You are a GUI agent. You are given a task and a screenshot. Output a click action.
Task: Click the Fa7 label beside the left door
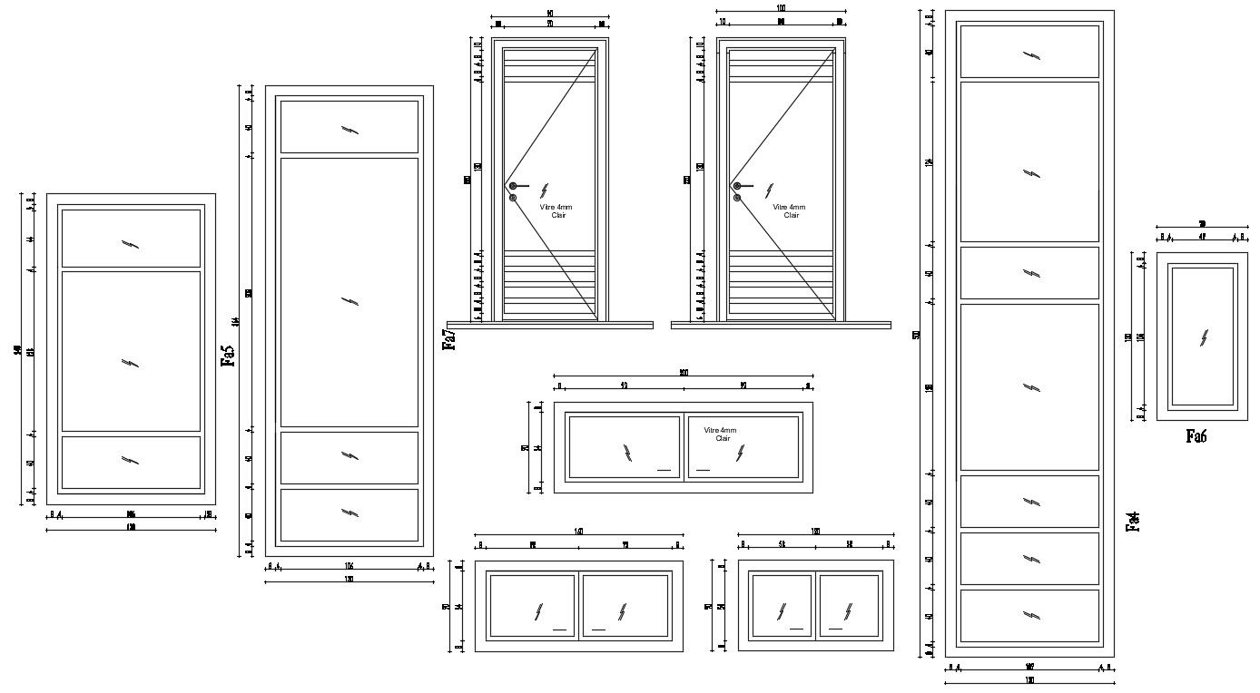[x=448, y=339]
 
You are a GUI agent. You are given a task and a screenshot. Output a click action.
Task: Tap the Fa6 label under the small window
[x=1196, y=436]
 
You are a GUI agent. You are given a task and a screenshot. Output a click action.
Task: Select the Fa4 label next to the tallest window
[x=1132, y=522]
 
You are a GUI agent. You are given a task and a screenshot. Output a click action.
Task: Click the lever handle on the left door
[x=517, y=186]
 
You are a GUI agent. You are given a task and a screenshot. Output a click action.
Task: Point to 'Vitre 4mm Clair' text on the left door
[x=556, y=210]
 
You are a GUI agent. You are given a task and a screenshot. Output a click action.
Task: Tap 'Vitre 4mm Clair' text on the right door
[x=788, y=210]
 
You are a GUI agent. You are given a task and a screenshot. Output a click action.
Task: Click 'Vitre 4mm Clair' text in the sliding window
[x=722, y=434]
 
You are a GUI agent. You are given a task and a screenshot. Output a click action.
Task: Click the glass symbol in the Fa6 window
[x=1204, y=337]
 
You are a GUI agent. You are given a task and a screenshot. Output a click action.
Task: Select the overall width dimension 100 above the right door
[x=781, y=8]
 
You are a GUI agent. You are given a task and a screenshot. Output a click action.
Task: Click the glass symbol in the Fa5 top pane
[x=349, y=130]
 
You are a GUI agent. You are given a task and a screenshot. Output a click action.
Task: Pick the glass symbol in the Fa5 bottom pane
[x=349, y=513]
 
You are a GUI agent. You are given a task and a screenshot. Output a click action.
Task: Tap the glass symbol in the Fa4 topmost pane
[x=1030, y=55]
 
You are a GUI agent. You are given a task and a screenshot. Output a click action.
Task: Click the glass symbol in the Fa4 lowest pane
[x=1030, y=616]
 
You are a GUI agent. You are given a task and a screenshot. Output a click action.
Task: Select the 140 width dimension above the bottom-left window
[x=578, y=532]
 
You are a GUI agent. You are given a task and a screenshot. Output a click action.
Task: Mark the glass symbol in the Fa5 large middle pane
[x=349, y=302]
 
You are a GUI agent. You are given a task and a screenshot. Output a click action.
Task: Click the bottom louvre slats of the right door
[x=781, y=282]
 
